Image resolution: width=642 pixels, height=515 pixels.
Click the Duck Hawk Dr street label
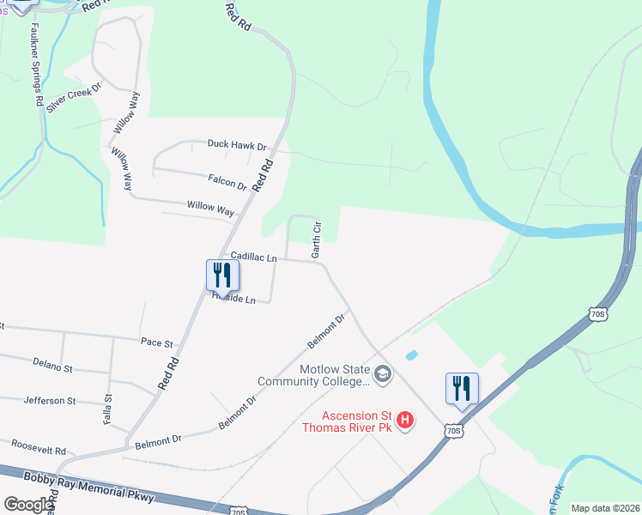[x=237, y=146]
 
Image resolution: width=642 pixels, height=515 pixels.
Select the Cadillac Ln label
[x=254, y=257]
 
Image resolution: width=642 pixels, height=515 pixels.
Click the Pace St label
[x=157, y=342]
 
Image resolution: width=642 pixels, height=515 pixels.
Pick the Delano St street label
[x=52, y=367]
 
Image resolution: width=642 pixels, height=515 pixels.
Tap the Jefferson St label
[x=50, y=401]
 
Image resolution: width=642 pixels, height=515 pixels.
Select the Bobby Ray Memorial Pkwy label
[x=89, y=488]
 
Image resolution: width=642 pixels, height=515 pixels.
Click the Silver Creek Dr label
[x=74, y=98]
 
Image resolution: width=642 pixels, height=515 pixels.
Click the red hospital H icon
[x=406, y=421]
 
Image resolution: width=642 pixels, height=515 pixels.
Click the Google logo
[x=28, y=505]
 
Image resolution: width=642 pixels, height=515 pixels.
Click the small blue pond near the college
[x=411, y=354]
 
